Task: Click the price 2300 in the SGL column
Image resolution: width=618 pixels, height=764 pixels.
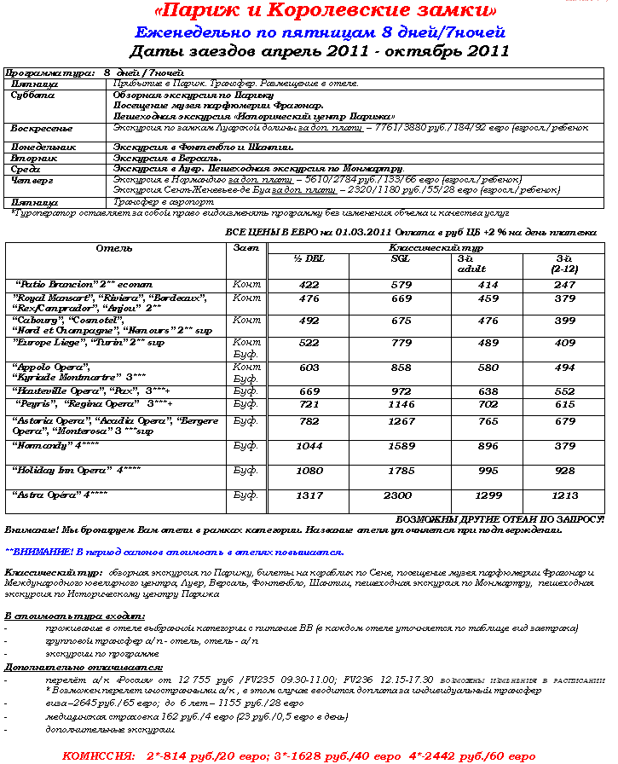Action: click(x=397, y=495)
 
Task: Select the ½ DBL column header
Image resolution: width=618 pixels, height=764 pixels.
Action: click(x=309, y=259)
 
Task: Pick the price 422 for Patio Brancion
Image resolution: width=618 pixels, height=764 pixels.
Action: click(x=309, y=284)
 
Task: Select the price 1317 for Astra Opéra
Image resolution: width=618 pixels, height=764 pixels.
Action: click(x=309, y=495)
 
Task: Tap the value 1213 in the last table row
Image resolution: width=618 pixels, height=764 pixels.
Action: click(x=564, y=495)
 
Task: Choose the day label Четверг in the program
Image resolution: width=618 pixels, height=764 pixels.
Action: click(x=32, y=181)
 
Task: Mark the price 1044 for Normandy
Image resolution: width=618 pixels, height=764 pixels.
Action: click(x=309, y=445)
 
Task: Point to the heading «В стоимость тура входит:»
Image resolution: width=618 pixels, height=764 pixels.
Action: click(x=74, y=615)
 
